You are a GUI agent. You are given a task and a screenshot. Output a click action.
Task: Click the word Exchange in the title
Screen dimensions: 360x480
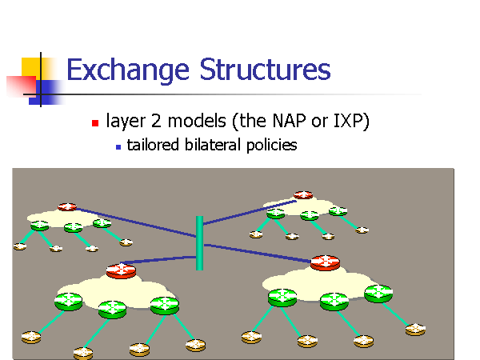tap(128, 70)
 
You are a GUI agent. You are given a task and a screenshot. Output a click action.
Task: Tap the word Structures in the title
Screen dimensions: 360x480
tap(263, 70)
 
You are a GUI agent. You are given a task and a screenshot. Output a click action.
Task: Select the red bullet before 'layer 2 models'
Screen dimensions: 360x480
tap(95, 123)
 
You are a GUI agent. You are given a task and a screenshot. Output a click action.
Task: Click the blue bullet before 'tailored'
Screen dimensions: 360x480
tap(118, 146)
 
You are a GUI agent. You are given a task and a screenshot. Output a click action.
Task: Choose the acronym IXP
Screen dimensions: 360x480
tap(346, 122)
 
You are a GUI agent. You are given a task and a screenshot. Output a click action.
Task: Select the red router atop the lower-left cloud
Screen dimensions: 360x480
tap(121, 270)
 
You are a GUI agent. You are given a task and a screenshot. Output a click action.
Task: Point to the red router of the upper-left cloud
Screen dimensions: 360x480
tap(67, 206)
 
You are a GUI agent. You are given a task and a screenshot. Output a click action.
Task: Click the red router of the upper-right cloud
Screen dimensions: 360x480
tap(302, 194)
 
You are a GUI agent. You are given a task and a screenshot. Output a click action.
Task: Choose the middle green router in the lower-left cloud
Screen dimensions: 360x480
tap(113, 308)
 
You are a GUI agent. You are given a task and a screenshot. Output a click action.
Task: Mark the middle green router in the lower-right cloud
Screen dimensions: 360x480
tap(333, 302)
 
